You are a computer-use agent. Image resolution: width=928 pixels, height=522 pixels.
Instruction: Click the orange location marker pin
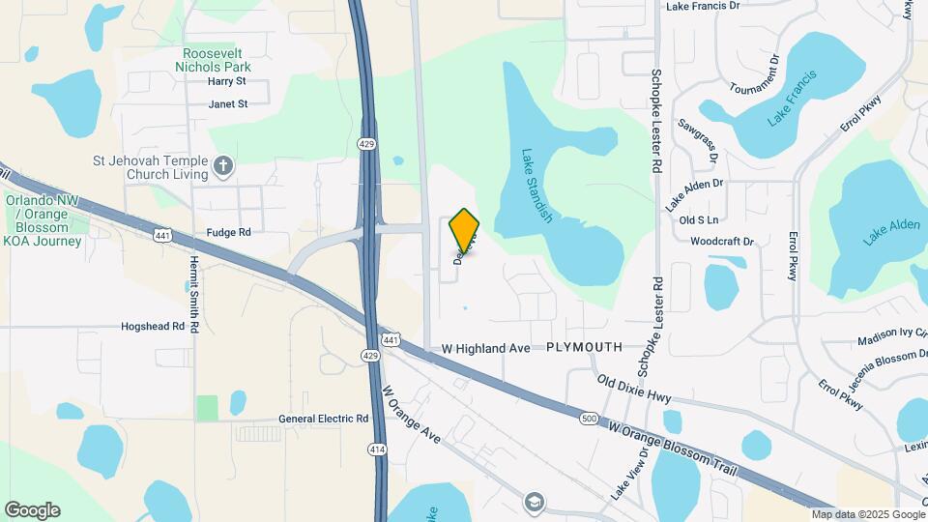click(x=464, y=228)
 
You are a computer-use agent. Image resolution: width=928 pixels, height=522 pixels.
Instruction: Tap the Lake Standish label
click(x=536, y=186)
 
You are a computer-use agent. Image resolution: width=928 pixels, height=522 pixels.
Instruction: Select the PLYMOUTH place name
click(x=584, y=346)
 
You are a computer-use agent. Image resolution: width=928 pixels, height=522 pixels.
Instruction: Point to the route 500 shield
click(x=590, y=418)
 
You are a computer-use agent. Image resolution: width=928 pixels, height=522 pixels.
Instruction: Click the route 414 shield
click(x=377, y=449)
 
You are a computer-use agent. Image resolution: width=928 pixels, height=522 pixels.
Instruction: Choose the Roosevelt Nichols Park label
click(x=213, y=60)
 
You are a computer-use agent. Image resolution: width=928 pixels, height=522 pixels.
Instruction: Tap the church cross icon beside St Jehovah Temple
click(x=223, y=166)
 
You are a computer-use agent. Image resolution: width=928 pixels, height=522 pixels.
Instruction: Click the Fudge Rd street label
click(x=228, y=232)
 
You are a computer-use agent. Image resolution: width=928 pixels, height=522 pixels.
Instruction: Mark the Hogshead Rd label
click(x=153, y=327)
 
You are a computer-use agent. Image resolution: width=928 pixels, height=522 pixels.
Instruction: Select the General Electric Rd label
click(x=324, y=419)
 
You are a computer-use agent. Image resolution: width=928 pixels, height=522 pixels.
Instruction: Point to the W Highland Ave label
click(x=486, y=347)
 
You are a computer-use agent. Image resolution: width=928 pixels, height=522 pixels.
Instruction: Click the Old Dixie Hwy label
click(x=634, y=390)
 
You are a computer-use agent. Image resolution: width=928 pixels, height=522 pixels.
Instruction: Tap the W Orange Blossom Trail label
click(x=673, y=448)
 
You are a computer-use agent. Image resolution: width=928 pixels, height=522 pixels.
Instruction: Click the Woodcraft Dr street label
click(x=721, y=241)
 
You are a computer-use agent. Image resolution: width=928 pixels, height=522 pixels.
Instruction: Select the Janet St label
click(x=228, y=103)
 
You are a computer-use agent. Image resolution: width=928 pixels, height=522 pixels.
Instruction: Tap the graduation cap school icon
click(x=534, y=502)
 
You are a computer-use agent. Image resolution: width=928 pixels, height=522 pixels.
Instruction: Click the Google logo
click(x=32, y=510)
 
